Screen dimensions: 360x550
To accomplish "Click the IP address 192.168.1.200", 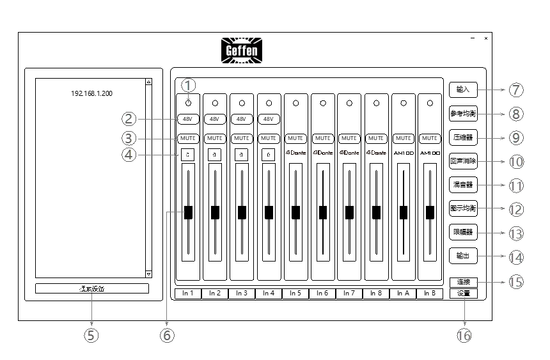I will pos(92,93).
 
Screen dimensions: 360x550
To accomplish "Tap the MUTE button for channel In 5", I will pos(296,137).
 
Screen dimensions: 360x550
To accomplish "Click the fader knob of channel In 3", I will pos(242,212).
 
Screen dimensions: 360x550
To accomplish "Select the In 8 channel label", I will pos(376,293).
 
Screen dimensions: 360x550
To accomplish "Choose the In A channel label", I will pos(403,293).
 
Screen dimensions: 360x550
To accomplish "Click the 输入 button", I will pos(463,90).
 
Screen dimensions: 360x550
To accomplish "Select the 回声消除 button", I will pos(463,161).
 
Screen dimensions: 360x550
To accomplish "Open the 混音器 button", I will pos(463,185).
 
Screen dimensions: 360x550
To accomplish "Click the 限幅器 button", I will pos(463,233).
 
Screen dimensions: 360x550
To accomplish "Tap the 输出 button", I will pos(463,256).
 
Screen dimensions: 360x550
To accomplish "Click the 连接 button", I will pos(463,282).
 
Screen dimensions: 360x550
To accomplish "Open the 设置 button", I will pos(463,293).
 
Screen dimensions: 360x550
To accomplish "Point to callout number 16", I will pos(464,335).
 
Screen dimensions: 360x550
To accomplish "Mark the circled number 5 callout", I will pos(92,336).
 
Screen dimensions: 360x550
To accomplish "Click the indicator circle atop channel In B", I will pos(430,102).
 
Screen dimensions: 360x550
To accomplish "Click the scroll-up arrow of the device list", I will pos(148,82).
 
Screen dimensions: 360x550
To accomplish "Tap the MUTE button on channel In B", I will pos(430,137).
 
